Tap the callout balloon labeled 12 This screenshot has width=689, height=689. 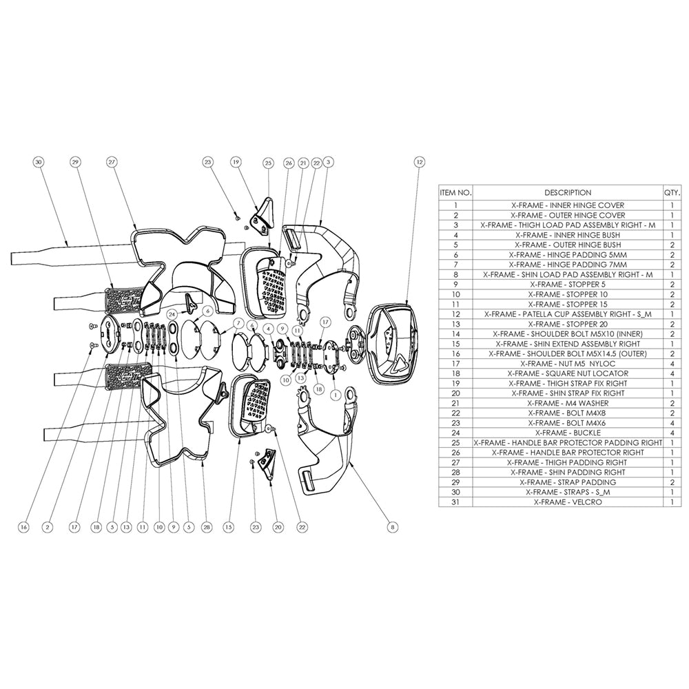[x=419, y=163]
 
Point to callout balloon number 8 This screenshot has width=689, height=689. [x=393, y=527]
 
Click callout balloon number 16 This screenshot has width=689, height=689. [x=23, y=527]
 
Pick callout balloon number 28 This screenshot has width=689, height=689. [x=205, y=527]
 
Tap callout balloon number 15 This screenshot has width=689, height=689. [x=228, y=527]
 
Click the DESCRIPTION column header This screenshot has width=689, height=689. [x=567, y=193]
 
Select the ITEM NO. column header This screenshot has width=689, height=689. [x=455, y=193]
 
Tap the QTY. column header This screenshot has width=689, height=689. [x=671, y=193]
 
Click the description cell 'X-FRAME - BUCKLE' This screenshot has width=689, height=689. [x=567, y=433]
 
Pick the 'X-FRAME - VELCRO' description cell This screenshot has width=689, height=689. [x=567, y=502]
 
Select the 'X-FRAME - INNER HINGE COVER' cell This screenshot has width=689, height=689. [x=567, y=205]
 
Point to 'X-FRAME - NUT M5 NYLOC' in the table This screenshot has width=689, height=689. [x=567, y=363]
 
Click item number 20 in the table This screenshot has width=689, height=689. [x=455, y=393]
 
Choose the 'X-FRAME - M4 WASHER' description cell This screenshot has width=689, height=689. [x=567, y=403]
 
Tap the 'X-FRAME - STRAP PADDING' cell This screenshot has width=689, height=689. [x=567, y=482]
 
